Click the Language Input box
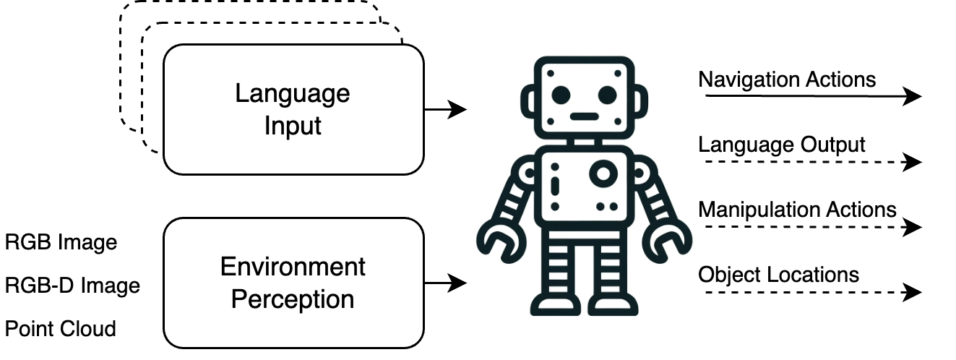(293, 109)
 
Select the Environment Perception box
(293, 283)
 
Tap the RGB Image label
(61, 242)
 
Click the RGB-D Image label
(72, 286)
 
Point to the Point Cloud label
(61, 329)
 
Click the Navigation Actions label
(787, 79)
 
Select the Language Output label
(781, 145)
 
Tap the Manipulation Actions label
(797, 210)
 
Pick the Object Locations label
(778, 275)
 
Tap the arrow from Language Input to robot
(444, 110)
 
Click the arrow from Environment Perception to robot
(444, 283)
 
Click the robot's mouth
(584, 116)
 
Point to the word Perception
(293, 299)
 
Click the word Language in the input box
(293, 93)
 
